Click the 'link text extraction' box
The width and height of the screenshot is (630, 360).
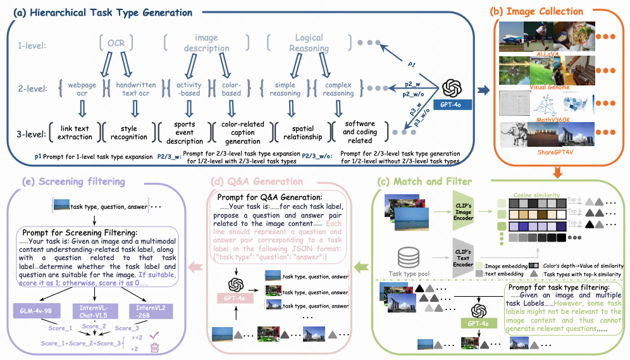coord(73,133)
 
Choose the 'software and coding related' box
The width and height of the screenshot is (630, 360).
coord(359,133)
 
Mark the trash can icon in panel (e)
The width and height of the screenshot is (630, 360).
coord(154,347)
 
